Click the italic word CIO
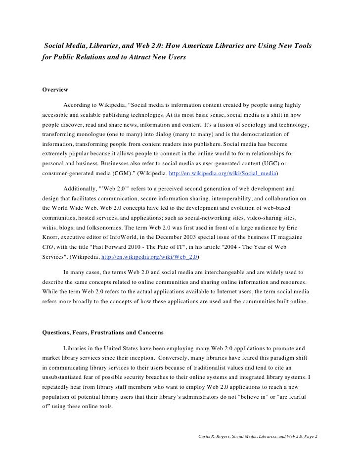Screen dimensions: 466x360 (48, 247)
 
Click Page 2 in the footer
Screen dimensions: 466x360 (308, 438)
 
